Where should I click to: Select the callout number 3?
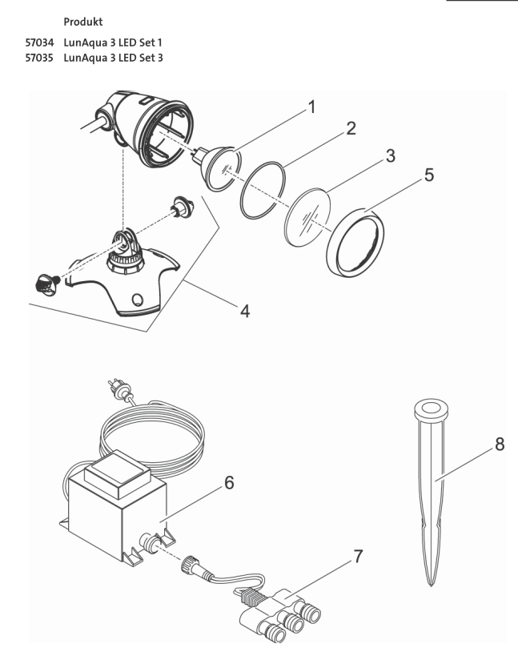389,155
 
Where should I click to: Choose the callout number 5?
430,175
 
